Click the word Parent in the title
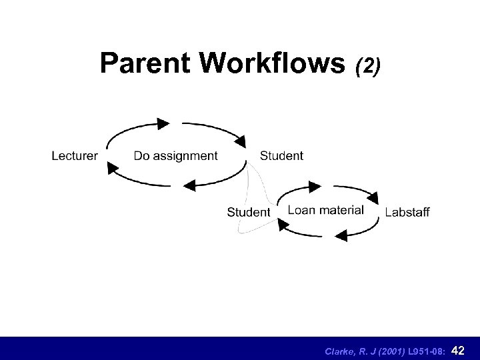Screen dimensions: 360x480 pyautogui.click(x=143, y=64)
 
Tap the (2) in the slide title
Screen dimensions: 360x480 pyautogui.click(x=369, y=65)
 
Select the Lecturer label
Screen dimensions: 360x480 pyautogui.click(x=75, y=156)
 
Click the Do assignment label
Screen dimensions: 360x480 pyautogui.click(x=175, y=156)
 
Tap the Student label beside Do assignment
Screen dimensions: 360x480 pyautogui.click(x=281, y=155)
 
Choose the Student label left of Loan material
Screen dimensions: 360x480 pyautogui.click(x=249, y=212)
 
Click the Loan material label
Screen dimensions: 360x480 pyautogui.click(x=325, y=210)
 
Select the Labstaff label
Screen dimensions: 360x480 pyautogui.click(x=407, y=213)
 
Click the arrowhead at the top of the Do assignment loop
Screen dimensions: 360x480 pyautogui.click(x=163, y=123)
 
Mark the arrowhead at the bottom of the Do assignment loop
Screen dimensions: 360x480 pyautogui.click(x=189, y=185)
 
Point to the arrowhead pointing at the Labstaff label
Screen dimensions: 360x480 pyautogui.click(x=373, y=197)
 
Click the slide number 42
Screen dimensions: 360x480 pyautogui.click(x=459, y=349)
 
